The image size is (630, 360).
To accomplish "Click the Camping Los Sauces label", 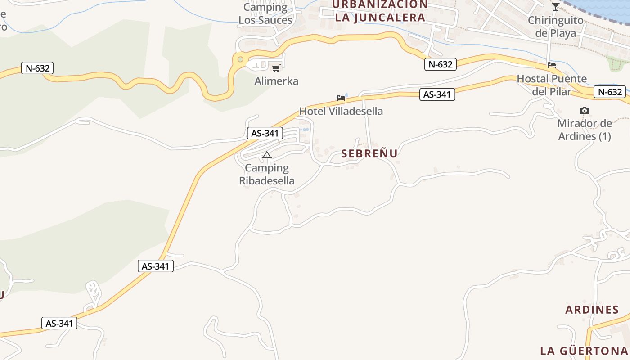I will pyautogui.click(x=265, y=13).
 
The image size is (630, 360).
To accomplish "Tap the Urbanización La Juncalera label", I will pyautogui.click(x=380, y=11).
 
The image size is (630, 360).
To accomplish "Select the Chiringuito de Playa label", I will pyautogui.click(x=556, y=27).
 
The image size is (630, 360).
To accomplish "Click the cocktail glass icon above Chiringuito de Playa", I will pyautogui.click(x=556, y=7).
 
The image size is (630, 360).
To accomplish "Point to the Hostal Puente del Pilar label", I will pyautogui.click(x=552, y=85).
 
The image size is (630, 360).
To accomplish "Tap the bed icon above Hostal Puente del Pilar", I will pyautogui.click(x=552, y=65).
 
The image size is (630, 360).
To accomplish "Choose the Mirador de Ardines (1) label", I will pyautogui.click(x=585, y=130).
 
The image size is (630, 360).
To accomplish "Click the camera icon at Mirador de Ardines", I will pyautogui.click(x=585, y=110).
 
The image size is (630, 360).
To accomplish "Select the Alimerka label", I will pyautogui.click(x=276, y=81).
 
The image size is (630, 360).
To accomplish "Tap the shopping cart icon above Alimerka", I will pyautogui.click(x=276, y=68).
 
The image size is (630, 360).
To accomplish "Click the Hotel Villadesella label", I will pyautogui.click(x=341, y=111).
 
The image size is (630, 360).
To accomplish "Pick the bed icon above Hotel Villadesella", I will pyautogui.click(x=341, y=98).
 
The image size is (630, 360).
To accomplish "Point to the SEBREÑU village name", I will pyautogui.click(x=369, y=153).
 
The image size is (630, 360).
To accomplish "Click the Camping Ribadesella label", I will pyautogui.click(x=267, y=174).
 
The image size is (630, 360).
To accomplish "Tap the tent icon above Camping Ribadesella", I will pyautogui.click(x=267, y=155).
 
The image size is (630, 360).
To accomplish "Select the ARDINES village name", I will pyautogui.click(x=592, y=310).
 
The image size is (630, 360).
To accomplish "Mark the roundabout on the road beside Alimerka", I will pyautogui.click(x=240, y=59).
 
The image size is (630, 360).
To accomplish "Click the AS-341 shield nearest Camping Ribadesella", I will pyautogui.click(x=265, y=133).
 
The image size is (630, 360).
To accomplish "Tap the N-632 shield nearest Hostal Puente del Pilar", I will pyautogui.click(x=610, y=92).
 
